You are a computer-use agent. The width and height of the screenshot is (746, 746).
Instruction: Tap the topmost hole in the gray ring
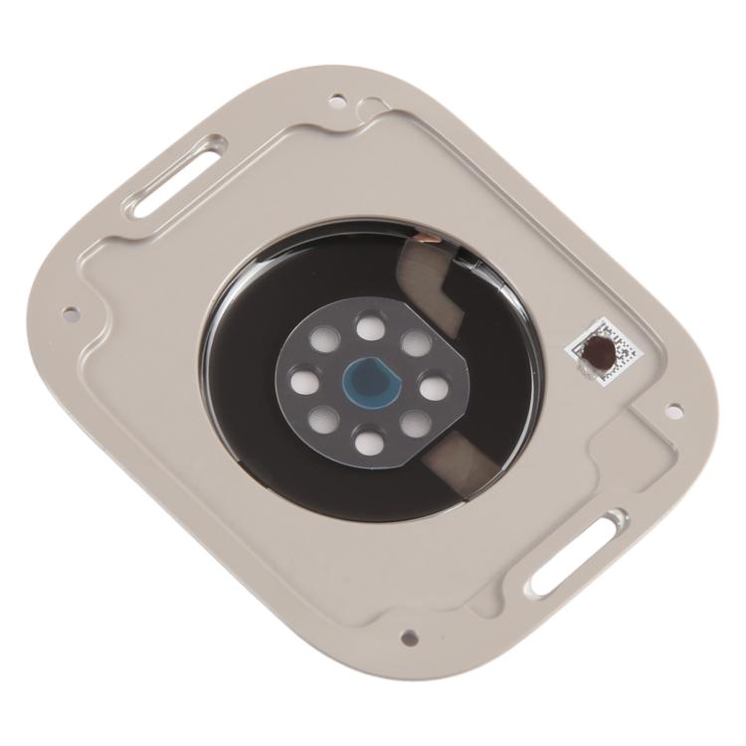coord(371,325)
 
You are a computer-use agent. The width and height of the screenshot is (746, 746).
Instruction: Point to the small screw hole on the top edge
coord(338,99)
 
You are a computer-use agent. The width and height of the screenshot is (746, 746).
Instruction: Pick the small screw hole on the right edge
coord(672,408)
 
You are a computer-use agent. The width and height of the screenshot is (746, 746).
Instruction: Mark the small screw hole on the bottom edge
coord(408,640)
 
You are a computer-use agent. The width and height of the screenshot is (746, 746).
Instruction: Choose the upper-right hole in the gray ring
coord(415,343)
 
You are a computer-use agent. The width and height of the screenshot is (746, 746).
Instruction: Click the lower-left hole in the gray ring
coord(320,420)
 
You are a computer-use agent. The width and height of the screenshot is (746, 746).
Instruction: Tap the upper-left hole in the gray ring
coord(325,338)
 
